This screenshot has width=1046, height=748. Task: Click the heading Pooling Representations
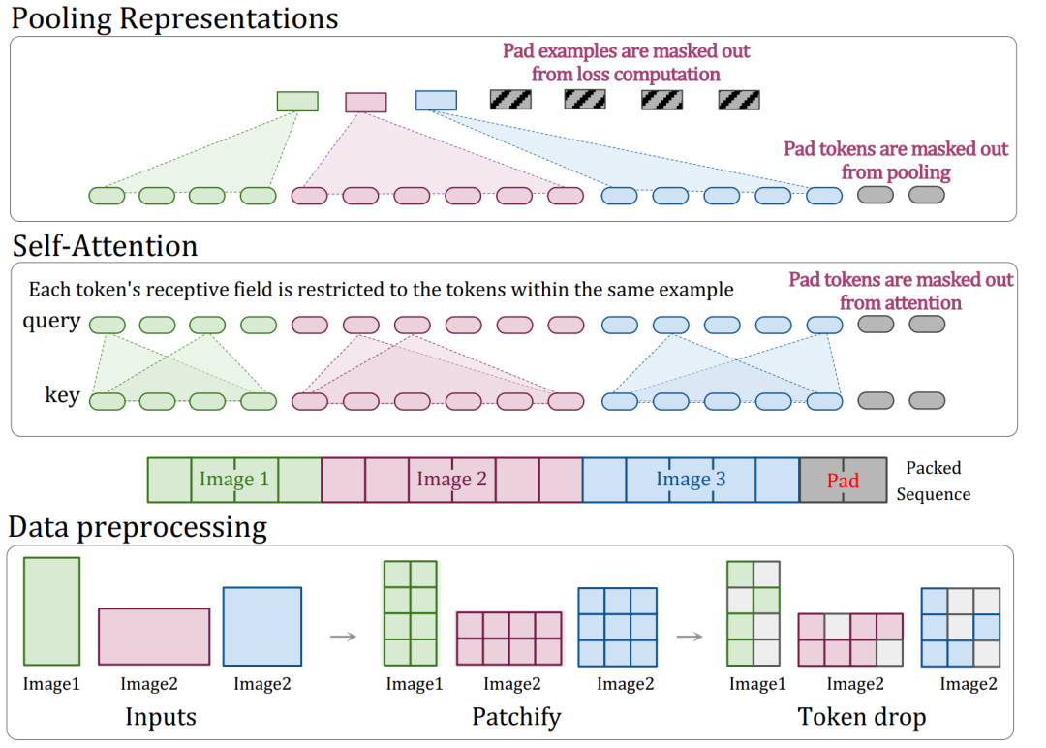(174, 17)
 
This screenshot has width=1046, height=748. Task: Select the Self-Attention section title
(105, 245)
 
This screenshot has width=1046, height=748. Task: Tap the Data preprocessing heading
(138, 527)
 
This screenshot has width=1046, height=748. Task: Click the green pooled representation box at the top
(297, 101)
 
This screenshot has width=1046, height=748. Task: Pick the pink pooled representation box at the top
(366, 102)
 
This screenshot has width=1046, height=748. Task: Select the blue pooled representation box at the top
(436, 100)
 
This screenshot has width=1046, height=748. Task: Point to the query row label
(51, 322)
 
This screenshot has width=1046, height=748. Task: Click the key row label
(61, 395)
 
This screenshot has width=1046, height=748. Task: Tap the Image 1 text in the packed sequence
(233, 479)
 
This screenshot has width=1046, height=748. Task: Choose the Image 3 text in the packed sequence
(691, 479)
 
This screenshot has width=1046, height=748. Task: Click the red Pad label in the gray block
(843, 481)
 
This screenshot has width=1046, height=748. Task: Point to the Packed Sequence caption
(933, 481)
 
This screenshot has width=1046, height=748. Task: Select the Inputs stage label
(161, 717)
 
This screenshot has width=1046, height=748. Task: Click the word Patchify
(516, 717)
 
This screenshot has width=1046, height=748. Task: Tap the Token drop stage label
(862, 717)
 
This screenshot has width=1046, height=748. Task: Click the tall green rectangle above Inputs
(52, 612)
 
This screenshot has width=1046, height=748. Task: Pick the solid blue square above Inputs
(261, 626)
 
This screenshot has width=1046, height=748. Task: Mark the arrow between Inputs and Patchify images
(343, 637)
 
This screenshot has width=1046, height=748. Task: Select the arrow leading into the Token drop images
(689, 637)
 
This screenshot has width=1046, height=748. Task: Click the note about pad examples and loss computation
(626, 62)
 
